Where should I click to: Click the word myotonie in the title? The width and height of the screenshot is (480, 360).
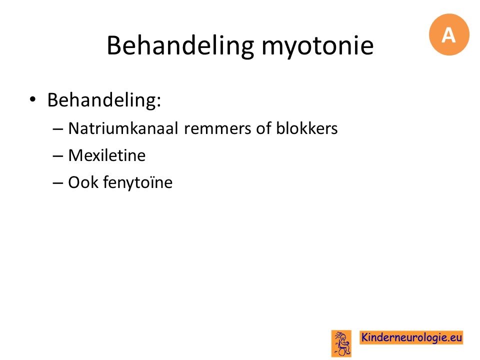click(x=317, y=46)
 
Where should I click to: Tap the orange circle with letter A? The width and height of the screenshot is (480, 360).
click(x=449, y=34)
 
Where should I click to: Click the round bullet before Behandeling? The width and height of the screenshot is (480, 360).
click(x=32, y=99)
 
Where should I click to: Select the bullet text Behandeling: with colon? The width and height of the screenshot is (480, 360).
click(x=104, y=100)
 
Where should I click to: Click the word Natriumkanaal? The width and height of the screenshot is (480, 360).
click(x=123, y=128)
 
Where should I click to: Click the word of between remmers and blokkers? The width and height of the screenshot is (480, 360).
click(x=263, y=128)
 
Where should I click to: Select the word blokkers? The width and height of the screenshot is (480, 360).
click(x=306, y=128)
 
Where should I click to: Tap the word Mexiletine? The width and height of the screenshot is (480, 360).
click(x=107, y=155)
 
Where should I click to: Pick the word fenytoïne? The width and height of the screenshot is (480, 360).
click(x=138, y=183)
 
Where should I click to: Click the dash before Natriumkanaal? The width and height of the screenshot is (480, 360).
click(x=58, y=129)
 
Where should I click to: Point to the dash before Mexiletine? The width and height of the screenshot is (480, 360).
click(x=58, y=156)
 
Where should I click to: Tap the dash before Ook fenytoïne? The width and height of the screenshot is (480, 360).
click(x=58, y=183)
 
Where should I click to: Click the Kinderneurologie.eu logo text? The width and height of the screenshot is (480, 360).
click(x=411, y=337)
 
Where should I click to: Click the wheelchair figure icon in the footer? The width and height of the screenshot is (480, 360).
click(x=341, y=343)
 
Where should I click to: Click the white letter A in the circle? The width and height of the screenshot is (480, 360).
click(x=449, y=35)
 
